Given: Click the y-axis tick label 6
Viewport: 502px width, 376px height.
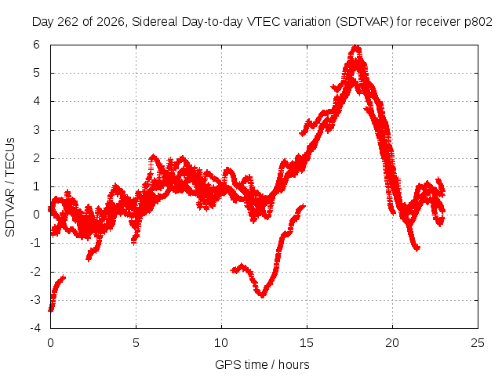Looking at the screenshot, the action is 36,45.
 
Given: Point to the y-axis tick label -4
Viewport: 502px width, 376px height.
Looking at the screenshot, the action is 35,328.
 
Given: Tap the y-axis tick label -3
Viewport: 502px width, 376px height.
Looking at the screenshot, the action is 35,300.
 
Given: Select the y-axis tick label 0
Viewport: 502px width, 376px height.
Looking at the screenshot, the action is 36,215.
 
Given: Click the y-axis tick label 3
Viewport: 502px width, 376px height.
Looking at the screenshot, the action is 36,130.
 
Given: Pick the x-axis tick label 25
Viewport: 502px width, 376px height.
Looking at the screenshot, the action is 478,343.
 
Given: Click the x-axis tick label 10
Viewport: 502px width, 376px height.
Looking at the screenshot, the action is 221,343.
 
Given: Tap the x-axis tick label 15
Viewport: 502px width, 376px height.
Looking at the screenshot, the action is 307,343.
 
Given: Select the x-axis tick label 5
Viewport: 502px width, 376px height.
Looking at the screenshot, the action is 136,343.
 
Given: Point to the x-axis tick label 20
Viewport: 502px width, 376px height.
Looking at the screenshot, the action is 392,343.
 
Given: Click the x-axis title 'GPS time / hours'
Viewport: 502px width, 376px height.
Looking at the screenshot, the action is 262,365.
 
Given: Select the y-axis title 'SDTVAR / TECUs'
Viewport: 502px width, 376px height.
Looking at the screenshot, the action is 10,187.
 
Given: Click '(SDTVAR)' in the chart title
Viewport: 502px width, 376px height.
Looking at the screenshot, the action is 364,22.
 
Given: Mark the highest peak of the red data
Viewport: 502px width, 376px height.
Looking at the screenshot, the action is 356,47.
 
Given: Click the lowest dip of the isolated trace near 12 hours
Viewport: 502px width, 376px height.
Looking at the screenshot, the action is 263,295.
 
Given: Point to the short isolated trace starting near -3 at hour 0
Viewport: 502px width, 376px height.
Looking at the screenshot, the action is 56,292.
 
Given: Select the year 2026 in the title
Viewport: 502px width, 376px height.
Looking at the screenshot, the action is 110,22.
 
